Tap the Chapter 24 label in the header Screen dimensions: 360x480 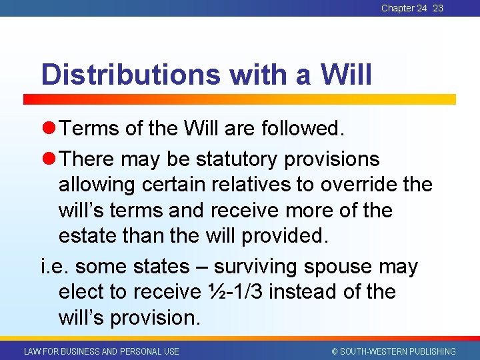click(404, 8)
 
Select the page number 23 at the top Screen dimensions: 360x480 click(438, 8)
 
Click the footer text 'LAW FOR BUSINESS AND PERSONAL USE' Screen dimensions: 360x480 click(101, 351)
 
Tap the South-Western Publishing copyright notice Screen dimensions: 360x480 click(393, 351)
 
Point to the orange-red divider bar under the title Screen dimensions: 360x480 click(240, 99)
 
